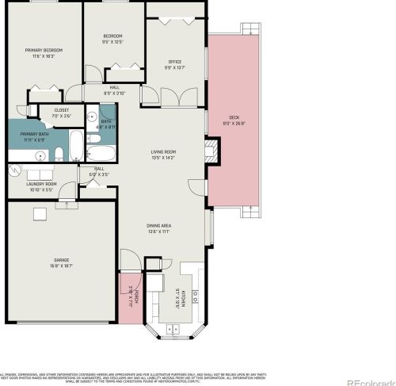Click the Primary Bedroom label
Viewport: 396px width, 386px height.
click(x=43, y=50)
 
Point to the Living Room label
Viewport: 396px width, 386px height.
click(x=164, y=152)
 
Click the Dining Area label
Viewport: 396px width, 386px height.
click(x=159, y=227)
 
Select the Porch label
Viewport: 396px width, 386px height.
click(x=135, y=296)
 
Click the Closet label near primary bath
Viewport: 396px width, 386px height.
click(x=61, y=110)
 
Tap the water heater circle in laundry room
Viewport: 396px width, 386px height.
click(x=13, y=170)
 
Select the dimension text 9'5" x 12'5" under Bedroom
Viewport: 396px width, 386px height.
click(x=114, y=43)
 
